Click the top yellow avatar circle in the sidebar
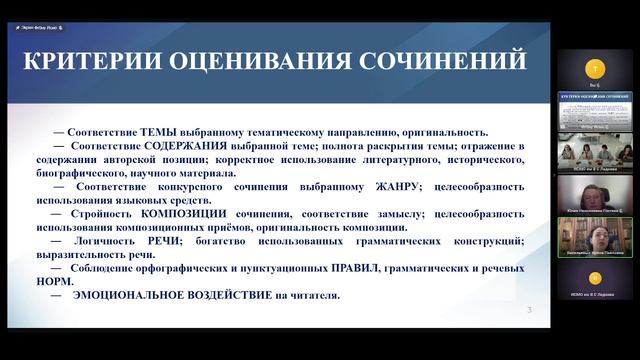tap(596, 70)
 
